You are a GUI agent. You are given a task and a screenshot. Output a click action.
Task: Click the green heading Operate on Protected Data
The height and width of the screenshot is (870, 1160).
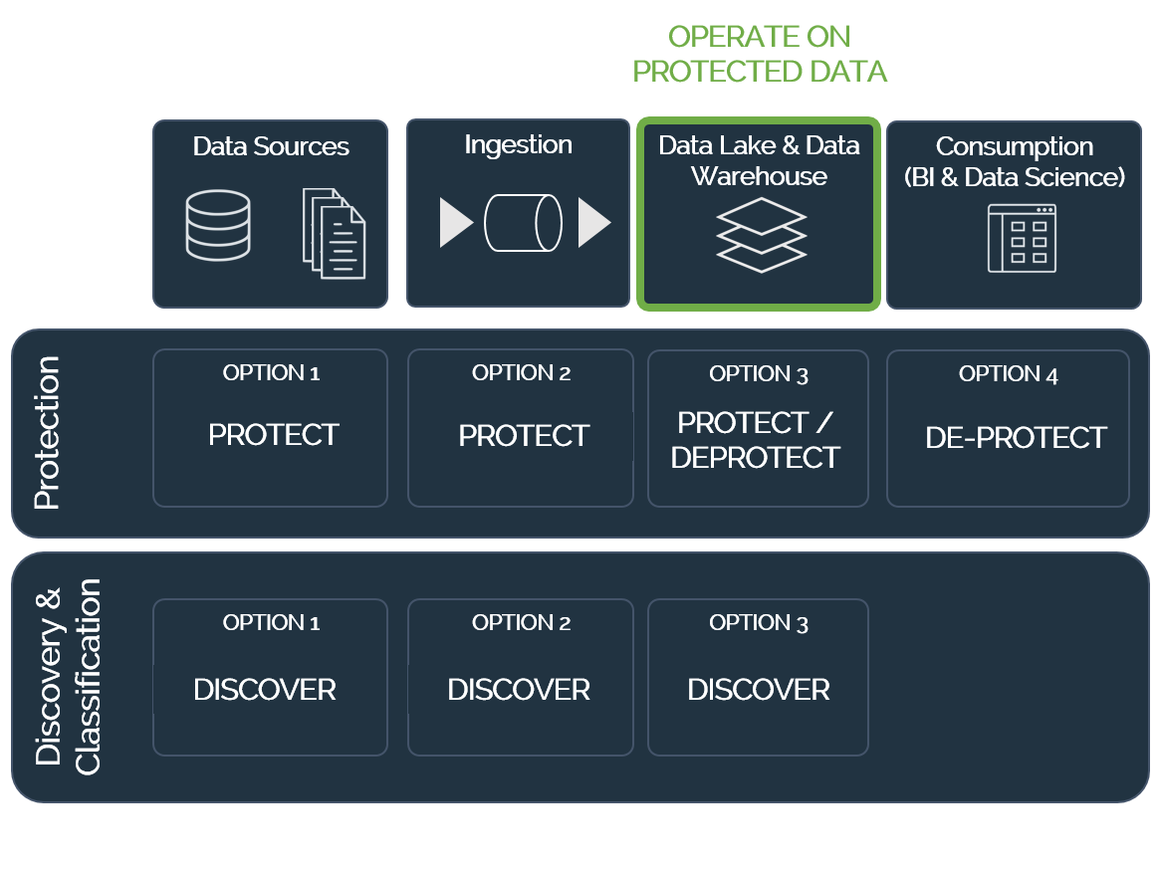click(759, 54)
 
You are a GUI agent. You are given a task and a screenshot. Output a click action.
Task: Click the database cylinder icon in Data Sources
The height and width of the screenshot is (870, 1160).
click(217, 225)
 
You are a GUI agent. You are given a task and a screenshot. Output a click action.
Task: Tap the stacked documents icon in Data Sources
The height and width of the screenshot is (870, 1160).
click(334, 234)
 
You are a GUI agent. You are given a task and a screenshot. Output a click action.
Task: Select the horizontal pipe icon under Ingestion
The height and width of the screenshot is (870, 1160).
click(523, 223)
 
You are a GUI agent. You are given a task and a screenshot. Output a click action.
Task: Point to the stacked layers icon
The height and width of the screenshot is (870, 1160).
click(761, 235)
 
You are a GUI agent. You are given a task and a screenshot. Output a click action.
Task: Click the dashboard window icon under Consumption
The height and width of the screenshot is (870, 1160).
click(1022, 238)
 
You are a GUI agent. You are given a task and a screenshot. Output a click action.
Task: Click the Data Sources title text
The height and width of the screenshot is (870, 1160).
click(271, 146)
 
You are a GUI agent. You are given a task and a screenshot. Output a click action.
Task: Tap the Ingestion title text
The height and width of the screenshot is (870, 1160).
click(518, 145)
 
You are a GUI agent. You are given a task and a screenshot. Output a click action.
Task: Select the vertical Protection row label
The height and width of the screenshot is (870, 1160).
click(47, 433)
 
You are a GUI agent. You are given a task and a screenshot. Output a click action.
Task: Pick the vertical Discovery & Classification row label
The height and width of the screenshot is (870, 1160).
click(68, 677)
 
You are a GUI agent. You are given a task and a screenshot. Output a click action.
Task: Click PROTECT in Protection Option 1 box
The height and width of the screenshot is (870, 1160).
click(274, 435)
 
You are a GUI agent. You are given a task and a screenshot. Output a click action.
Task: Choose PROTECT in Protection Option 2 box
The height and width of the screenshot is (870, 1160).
click(524, 436)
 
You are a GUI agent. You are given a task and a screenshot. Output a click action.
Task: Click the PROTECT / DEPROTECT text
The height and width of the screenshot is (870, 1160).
click(756, 440)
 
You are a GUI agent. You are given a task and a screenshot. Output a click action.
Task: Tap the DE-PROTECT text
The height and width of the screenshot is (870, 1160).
click(1016, 438)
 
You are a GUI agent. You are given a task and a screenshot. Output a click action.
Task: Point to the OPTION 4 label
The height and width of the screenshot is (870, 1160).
click(1009, 374)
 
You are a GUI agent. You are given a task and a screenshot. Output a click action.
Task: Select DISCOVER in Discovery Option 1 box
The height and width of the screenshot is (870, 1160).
click(265, 690)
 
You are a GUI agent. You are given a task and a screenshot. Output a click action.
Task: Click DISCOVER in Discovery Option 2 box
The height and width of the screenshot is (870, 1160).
click(519, 690)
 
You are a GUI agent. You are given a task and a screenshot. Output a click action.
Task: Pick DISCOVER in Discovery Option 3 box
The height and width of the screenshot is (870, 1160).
click(759, 690)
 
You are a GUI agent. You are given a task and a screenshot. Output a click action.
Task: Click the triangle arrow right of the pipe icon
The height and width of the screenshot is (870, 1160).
click(594, 222)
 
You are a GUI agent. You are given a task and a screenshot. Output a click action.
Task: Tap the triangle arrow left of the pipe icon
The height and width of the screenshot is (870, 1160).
click(456, 222)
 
